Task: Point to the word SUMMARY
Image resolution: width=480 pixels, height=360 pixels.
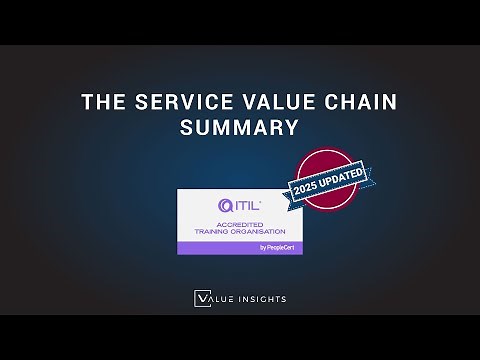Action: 239,128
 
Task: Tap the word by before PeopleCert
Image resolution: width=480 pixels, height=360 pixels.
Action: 263,248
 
